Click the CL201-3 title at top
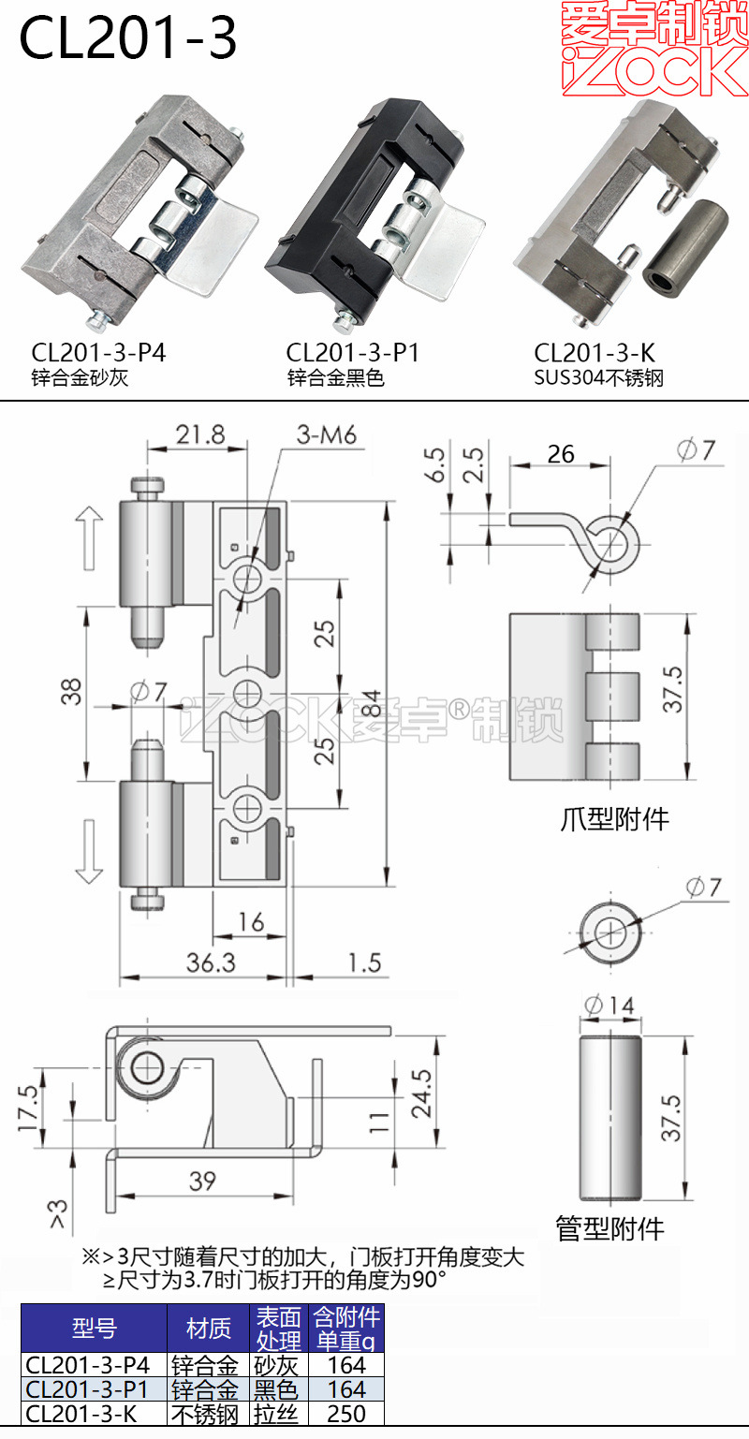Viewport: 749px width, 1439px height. [x=129, y=38]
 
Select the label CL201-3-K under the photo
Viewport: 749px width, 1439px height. [x=595, y=353]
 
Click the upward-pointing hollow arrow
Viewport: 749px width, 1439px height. [x=90, y=537]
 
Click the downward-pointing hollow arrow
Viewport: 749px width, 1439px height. [x=90, y=851]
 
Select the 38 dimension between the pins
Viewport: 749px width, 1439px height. [x=74, y=691]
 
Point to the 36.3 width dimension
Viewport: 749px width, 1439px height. [x=211, y=962]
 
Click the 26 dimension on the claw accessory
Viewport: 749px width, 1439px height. [x=560, y=454]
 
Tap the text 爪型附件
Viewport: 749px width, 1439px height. [x=613, y=819]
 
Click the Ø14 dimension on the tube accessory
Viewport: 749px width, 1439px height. [x=609, y=1006]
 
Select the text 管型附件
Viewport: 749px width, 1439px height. [x=609, y=1228]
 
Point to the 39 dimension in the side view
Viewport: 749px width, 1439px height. [x=202, y=1181]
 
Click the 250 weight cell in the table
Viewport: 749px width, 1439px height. [x=346, y=1414]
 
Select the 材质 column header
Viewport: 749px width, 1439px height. [x=208, y=1328]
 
